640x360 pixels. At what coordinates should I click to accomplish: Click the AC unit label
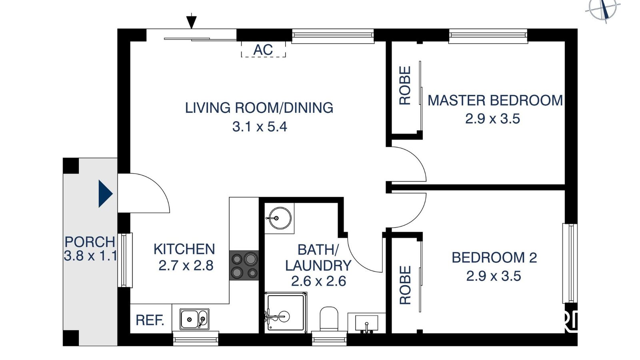point(263,50)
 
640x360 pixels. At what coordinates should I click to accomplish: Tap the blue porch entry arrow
point(105,194)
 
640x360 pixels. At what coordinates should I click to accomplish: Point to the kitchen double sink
point(194,319)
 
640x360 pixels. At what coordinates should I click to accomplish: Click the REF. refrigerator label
point(150,320)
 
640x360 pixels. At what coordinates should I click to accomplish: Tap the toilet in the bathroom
point(329,319)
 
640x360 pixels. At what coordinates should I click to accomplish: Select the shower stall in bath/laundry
point(286,312)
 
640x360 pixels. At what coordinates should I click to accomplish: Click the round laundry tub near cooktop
point(279,218)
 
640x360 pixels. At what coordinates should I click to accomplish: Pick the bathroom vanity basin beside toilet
point(366,322)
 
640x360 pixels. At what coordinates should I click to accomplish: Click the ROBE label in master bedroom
point(405,86)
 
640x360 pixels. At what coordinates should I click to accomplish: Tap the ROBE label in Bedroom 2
point(405,285)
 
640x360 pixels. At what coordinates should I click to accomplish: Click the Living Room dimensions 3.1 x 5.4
point(260,127)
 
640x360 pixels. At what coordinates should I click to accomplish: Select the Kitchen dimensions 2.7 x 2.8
point(186,266)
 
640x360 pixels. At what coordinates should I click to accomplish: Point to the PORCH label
point(90,242)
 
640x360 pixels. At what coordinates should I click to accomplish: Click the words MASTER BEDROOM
point(495,100)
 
